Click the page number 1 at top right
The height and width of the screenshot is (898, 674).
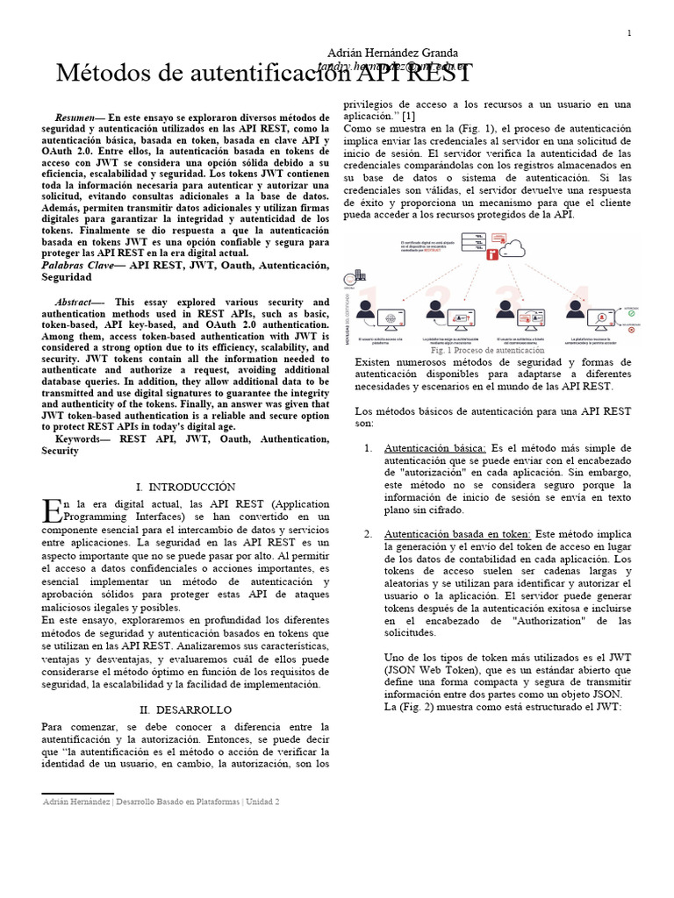click(x=629, y=33)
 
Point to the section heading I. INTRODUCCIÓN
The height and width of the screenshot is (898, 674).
click(x=186, y=486)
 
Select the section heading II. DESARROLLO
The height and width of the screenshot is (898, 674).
click(x=186, y=709)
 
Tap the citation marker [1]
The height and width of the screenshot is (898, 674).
click(x=410, y=116)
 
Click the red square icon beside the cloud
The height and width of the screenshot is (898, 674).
click(x=492, y=255)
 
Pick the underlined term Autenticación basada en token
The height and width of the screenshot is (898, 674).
click(x=457, y=533)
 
